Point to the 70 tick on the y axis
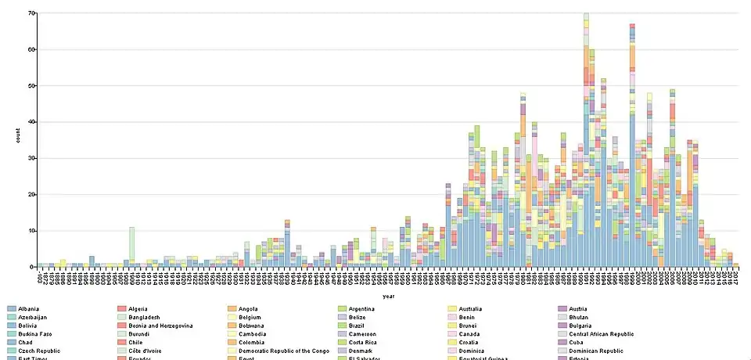click(31, 13)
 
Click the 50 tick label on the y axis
click(31, 86)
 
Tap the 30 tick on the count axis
click(31, 159)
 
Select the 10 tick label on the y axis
click(31, 231)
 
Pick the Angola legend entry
click(250, 310)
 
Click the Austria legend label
click(581, 310)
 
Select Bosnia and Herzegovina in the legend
click(163, 326)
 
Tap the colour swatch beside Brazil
click(343, 326)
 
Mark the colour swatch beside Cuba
click(562, 343)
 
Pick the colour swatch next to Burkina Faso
click(10, 334)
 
